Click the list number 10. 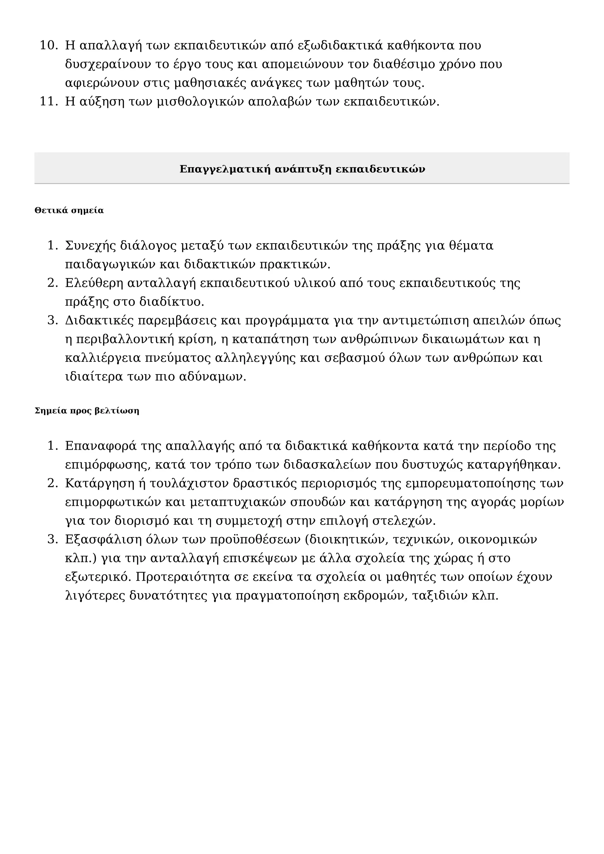pos(48,46)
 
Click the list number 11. pos(48,101)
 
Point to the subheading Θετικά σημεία pos(69,211)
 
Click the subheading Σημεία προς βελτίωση pos(87,411)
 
